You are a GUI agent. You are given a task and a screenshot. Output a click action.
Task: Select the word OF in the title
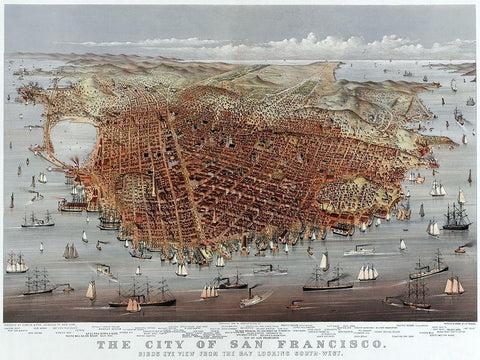pos(220,337)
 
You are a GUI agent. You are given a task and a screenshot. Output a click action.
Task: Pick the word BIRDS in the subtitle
pos(174,349)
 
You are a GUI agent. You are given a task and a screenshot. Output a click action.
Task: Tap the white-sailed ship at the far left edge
pos(15,263)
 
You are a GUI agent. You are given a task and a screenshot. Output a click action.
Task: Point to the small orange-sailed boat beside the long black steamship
pos(133,305)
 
